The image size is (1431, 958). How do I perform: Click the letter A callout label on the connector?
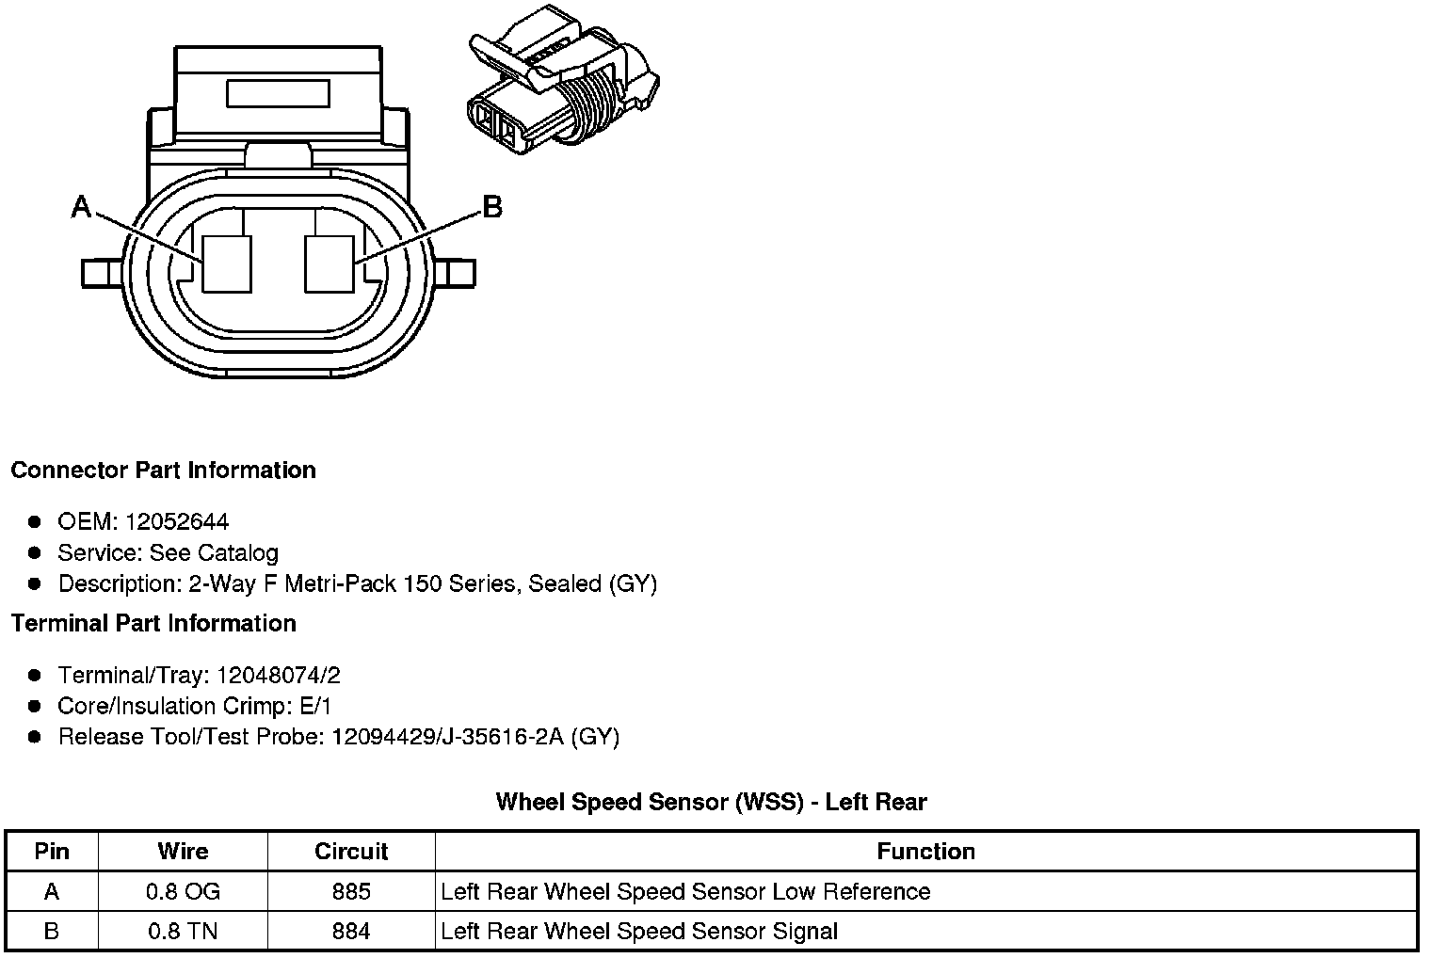82,206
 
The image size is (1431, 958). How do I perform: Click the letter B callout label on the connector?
491,206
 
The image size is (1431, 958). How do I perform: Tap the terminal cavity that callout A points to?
228,263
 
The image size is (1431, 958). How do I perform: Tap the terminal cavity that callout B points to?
330,263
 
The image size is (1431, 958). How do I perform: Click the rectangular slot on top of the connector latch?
278,93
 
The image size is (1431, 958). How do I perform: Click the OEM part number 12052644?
177,521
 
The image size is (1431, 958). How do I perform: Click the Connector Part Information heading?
163,470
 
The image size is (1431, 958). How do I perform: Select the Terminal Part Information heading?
153,623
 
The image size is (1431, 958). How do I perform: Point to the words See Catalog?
214,552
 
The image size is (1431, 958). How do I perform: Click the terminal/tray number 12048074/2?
279,675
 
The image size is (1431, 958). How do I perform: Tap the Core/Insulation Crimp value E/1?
314,706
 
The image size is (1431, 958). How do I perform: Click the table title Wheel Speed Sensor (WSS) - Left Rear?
711,802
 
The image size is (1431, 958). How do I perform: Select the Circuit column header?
351,852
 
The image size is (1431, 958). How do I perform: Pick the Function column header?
925,852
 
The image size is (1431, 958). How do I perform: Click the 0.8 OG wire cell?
183,891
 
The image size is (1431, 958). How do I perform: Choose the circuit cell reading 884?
351,932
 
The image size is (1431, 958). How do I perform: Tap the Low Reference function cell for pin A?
685,891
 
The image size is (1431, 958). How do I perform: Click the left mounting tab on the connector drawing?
100,273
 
